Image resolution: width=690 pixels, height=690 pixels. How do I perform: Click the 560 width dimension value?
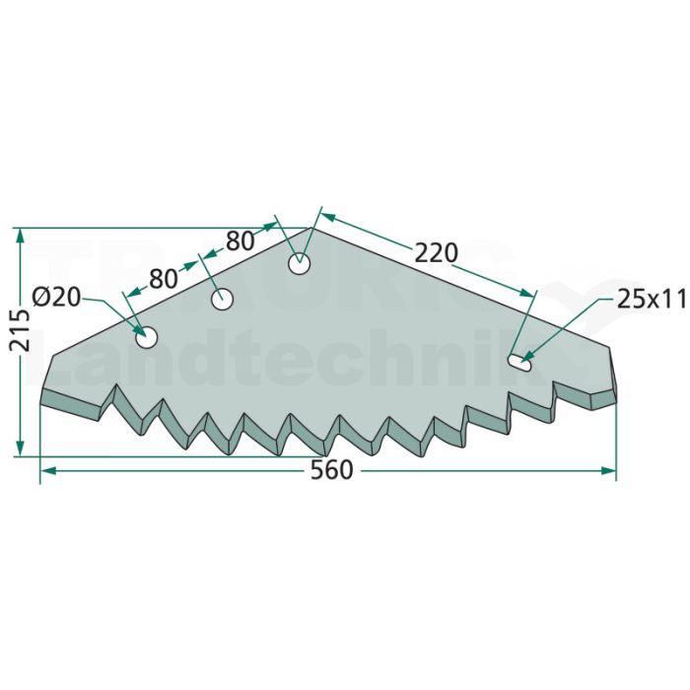click(332, 470)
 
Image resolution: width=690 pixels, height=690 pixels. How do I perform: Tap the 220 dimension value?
click(436, 253)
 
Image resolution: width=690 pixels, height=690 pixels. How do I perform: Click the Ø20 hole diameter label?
click(57, 297)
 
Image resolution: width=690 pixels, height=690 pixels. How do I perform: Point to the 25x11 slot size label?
click(651, 300)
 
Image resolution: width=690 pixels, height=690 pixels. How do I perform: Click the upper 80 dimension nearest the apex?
click(240, 241)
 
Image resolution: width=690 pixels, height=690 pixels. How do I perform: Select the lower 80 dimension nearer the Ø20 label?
click(164, 279)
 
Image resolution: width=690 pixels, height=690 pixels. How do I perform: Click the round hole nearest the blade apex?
click(300, 264)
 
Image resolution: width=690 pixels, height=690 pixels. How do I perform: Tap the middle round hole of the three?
click(222, 300)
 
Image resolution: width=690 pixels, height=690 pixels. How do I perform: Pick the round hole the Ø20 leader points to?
click(147, 337)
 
